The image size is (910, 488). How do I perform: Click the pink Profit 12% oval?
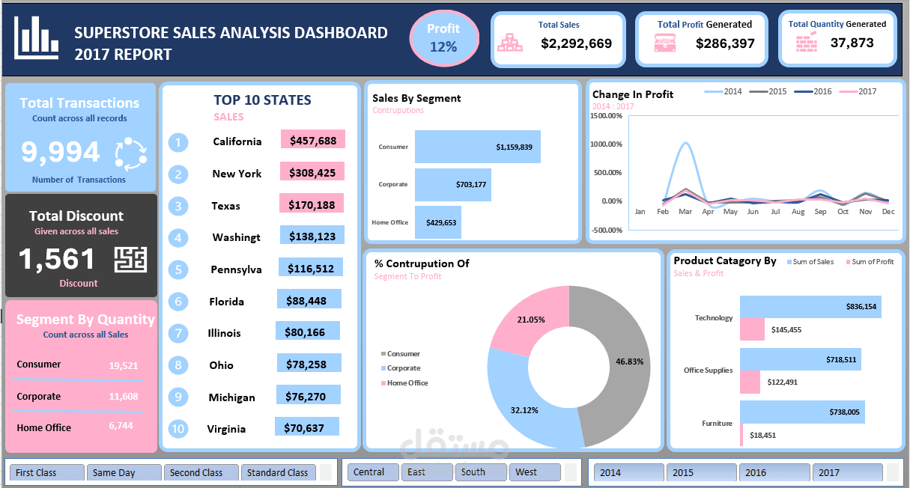(443, 37)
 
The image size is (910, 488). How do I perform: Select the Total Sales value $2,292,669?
(576, 44)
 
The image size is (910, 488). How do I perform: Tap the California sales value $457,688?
(312, 140)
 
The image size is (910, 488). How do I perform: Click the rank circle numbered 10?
(178, 429)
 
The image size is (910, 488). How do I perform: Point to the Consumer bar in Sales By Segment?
(477, 147)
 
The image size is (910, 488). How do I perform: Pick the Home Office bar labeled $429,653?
(438, 222)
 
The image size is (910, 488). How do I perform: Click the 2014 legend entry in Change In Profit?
(724, 91)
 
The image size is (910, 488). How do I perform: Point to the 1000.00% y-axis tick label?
(607, 144)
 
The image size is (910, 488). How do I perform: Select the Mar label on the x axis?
(685, 212)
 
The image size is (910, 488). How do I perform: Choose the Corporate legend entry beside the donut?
(403, 368)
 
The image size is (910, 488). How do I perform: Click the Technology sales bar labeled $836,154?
(810, 307)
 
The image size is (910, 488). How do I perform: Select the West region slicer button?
(534, 472)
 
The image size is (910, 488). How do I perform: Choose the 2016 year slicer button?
(774, 473)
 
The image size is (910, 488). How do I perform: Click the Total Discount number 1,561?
(57, 260)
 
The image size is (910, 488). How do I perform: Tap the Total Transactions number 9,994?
(60, 152)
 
